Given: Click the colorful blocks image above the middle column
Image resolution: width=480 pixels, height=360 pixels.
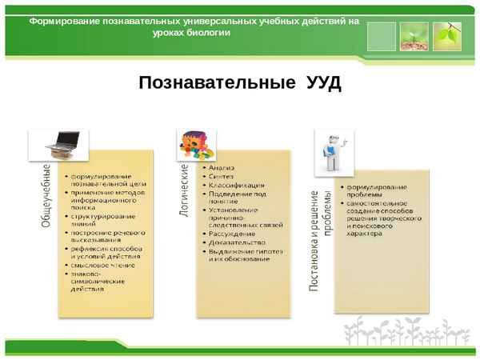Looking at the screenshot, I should (x=198, y=146).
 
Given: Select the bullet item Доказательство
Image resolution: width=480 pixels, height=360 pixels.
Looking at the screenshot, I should (x=237, y=242).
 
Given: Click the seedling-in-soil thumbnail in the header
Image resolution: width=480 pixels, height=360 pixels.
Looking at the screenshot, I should (x=414, y=34).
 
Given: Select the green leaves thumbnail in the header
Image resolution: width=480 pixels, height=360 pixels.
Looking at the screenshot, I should (x=446, y=34).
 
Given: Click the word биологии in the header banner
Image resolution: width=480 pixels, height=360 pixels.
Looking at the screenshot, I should (x=210, y=33).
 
